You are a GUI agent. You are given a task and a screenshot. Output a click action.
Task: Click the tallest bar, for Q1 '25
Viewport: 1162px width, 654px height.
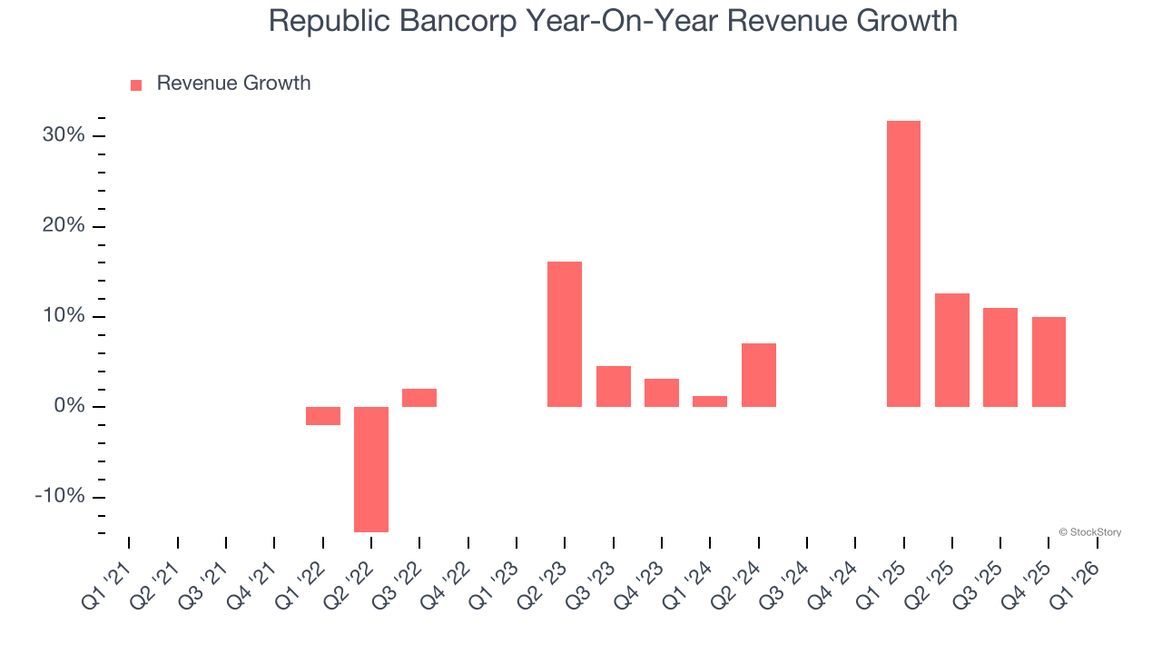(x=903, y=263)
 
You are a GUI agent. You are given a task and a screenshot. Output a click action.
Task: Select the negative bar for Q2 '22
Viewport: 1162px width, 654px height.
(x=371, y=469)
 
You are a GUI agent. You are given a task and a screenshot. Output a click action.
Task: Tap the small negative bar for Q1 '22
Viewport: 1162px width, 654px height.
(x=323, y=416)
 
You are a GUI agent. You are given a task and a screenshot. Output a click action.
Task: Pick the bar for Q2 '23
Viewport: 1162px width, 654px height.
(x=565, y=334)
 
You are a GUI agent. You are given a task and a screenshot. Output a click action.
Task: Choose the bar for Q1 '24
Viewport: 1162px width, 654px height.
(x=710, y=401)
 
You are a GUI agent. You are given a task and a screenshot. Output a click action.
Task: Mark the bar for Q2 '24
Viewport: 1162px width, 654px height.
(x=759, y=375)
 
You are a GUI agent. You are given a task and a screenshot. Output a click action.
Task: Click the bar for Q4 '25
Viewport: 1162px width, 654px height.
(x=1049, y=362)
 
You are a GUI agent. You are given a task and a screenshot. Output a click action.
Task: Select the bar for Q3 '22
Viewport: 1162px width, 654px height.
(x=419, y=398)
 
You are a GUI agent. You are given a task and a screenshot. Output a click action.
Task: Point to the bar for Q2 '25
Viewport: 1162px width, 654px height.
(x=952, y=350)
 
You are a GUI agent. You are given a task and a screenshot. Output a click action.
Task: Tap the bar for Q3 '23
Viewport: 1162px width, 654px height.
(x=614, y=386)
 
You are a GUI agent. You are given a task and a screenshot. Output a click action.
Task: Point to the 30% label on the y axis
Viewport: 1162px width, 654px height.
(x=64, y=135)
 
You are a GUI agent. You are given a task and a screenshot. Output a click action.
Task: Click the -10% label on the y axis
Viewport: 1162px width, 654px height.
(x=60, y=497)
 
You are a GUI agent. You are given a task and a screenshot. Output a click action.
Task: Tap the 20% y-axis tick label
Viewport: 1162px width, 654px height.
(x=64, y=225)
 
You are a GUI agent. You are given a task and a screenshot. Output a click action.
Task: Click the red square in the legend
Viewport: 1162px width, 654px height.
(x=136, y=84)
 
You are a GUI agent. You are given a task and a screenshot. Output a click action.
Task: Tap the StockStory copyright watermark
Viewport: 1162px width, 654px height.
(x=1089, y=532)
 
